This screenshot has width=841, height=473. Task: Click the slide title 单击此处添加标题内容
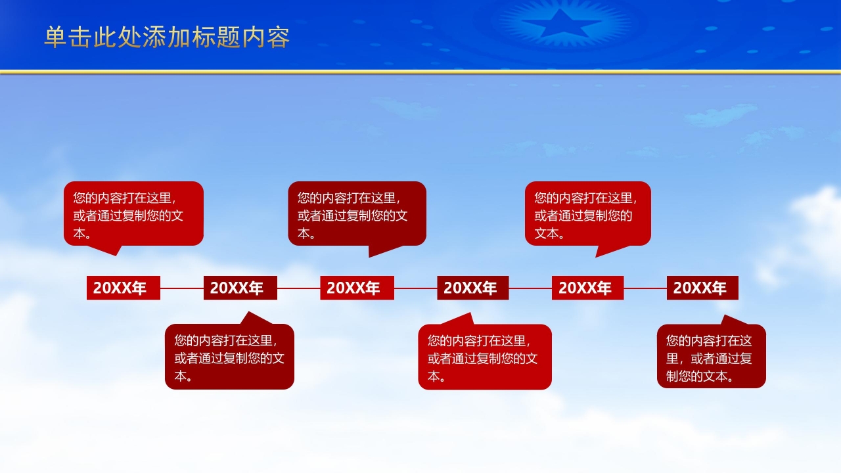[x=167, y=37]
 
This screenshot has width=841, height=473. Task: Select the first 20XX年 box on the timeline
[x=124, y=288]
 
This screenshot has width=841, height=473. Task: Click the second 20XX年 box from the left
[x=240, y=288]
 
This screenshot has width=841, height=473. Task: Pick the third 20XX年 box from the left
[x=357, y=288]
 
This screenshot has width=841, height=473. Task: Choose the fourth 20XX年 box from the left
[x=473, y=288]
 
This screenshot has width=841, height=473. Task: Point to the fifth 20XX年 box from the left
[x=587, y=288]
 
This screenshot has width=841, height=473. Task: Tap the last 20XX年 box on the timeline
[x=702, y=288]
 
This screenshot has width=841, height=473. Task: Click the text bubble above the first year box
[x=133, y=214]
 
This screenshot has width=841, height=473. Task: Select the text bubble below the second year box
[x=229, y=357]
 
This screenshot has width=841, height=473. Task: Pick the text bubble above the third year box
[x=357, y=214]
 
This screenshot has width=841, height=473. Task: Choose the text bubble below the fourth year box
[x=485, y=357]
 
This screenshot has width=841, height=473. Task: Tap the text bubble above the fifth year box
[x=587, y=214]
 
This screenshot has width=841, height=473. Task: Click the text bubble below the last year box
[x=712, y=357]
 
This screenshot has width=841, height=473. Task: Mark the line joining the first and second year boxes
[x=182, y=288]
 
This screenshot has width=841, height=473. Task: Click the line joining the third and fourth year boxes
[x=415, y=288]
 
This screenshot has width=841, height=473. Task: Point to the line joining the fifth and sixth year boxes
[x=645, y=288]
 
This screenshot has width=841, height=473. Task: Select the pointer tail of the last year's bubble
[x=729, y=321]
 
